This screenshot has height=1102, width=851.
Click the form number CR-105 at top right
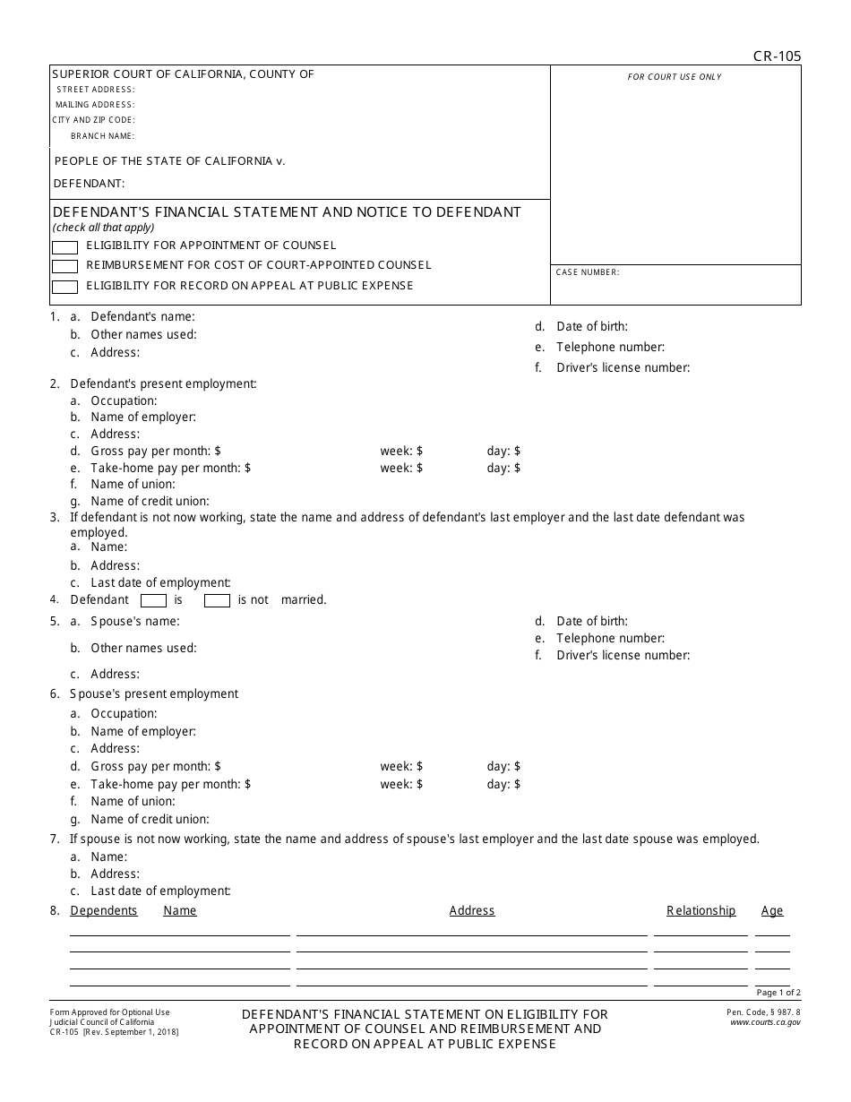point(777,56)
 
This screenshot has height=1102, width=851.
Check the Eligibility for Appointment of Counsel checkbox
point(64,246)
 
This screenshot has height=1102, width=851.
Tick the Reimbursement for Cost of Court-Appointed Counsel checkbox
point(64,266)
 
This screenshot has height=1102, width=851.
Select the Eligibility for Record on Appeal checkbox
point(64,287)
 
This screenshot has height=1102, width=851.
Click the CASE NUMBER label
point(587,272)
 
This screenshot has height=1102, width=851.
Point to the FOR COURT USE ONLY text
point(674,77)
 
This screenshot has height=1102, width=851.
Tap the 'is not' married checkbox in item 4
point(217,600)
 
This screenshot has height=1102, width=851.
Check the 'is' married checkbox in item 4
point(154,600)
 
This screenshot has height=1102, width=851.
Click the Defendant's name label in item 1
point(142,316)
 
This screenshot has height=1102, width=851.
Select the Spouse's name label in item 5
point(134,621)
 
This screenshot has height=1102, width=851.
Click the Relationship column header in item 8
point(701,910)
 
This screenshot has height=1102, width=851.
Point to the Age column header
point(771,910)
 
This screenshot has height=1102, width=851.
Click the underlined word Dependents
point(104,910)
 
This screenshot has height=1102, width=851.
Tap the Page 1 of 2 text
point(778,993)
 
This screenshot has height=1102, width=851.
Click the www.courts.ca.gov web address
point(765,1022)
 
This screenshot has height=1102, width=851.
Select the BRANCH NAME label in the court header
point(102,136)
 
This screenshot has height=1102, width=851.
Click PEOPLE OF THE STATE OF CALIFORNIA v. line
point(169,161)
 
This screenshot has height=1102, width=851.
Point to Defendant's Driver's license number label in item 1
point(623,367)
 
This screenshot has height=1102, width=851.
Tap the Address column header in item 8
point(471,910)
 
